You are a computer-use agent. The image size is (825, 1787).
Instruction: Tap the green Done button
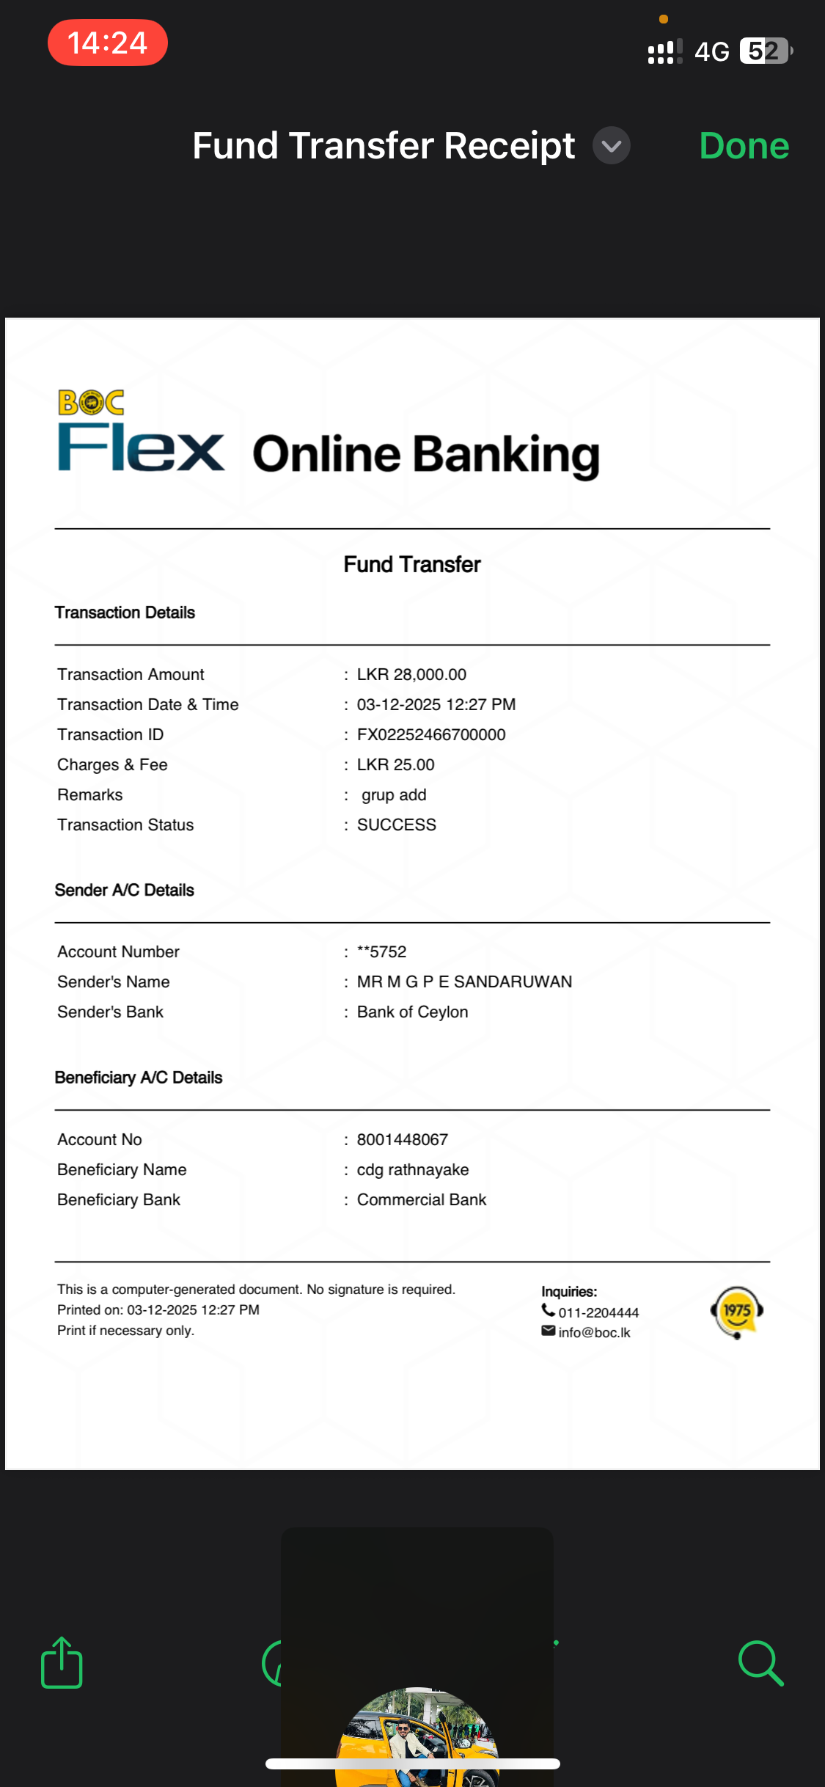744,146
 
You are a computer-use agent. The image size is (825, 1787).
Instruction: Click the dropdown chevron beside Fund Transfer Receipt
611,146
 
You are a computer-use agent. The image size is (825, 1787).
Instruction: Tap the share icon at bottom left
62,1662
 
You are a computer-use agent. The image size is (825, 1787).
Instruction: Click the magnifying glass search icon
760,1662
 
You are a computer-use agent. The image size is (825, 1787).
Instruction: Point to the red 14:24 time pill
108,43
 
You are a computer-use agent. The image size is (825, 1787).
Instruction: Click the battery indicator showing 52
765,51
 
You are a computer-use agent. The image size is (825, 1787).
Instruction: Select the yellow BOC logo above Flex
91,402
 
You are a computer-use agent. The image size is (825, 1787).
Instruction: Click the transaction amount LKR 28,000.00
411,674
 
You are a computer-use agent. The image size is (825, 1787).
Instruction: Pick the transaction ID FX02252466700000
431,734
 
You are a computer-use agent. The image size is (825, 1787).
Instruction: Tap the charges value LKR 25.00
395,764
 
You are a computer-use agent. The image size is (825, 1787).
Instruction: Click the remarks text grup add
394,794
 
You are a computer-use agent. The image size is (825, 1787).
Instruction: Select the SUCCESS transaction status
396,825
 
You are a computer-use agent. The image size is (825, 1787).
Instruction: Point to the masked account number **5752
381,951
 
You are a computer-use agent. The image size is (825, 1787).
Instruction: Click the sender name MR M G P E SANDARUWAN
464,982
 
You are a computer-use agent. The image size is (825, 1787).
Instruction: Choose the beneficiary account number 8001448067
402,1139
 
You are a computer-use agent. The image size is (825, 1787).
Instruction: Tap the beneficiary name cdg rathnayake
413,1169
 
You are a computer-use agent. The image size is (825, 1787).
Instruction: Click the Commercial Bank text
422,1199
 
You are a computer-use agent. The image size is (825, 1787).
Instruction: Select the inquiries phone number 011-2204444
598,1312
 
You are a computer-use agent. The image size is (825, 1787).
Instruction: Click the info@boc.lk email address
594,1332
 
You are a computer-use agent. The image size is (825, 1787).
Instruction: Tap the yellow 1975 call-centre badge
737,1312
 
